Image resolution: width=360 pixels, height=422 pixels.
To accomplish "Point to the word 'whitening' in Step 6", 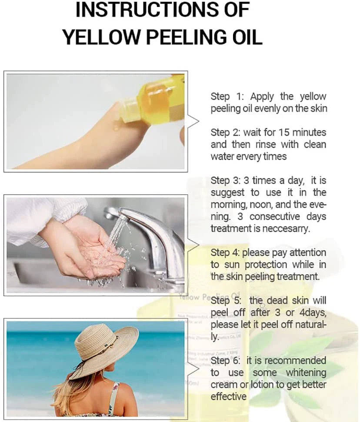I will tap(306, 373).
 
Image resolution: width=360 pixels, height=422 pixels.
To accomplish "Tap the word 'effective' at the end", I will tap(228, 396).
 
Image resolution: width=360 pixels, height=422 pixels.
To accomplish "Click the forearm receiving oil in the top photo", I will tap(87, 144).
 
